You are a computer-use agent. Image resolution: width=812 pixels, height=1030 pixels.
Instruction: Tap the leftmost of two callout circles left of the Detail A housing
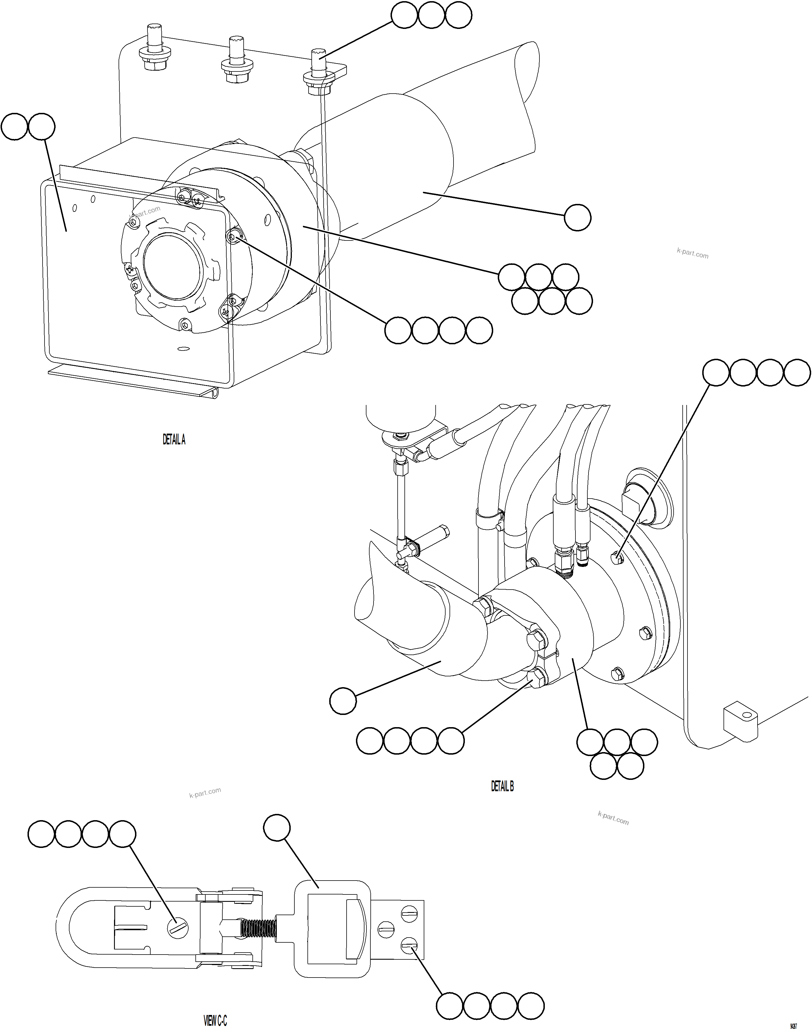click(14, 127)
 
